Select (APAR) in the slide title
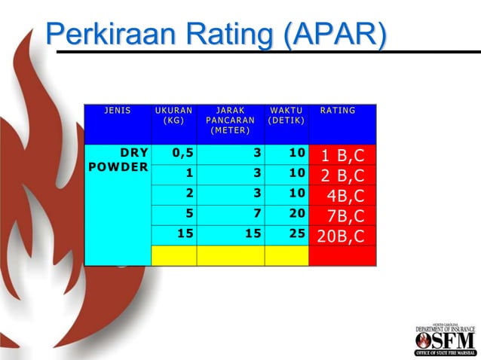pyautogui.click(x=337, y=35)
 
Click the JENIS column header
pyautogui.click(x=118, y=111)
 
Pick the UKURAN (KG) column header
pyautogui.click(x=173, y=115)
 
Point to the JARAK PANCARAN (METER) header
pyautogui.click(x=230, y=120)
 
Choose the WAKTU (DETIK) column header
pyautogui.click(x=286, y=115)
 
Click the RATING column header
pyautogui.click(x=338, y=111)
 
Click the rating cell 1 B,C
pyautogui.click(x=342, y=156)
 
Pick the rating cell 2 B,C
pyautogui.click(x=342, y=176)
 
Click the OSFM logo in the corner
pyautogui.click(x=446, y=340)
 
